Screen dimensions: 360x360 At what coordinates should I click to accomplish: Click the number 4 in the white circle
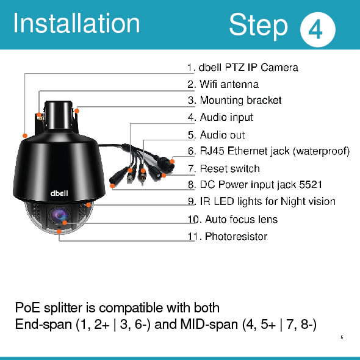[x=315, y=29]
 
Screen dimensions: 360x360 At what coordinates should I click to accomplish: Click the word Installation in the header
[x=76, y=23]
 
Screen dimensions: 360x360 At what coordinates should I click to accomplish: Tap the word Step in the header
[x=258, y=26]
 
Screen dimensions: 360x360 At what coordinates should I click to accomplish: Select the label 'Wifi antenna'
[x=229, y=84]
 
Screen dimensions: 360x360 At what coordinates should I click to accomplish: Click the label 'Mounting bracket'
[x=240, y=100]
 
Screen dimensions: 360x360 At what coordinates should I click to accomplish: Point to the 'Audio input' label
[x=226, y=117]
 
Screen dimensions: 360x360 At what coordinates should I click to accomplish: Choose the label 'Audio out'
[x=222, y=135]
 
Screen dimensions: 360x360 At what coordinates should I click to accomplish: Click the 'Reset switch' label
[x=230, y=169]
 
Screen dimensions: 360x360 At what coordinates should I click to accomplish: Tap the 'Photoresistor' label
[x=236, y=237]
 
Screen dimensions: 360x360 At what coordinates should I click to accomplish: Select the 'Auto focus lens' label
[x=241, y=220]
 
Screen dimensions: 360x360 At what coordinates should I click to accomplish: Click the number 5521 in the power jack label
[x=311, y=185]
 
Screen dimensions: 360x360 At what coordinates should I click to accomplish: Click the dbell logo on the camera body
[x=59, y=193]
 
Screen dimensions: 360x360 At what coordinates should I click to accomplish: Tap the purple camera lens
[x=59, y=216]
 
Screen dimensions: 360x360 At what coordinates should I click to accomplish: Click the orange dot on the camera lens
[x=65, y=223]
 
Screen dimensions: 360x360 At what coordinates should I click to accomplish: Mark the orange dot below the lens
[x=59, y=231]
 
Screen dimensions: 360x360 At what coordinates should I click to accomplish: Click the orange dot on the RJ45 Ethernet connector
[x=172, y=162]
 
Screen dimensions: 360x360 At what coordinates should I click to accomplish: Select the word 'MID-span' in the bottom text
[x=209, y=325]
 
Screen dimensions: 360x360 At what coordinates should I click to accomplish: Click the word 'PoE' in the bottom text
[x=27, y=308]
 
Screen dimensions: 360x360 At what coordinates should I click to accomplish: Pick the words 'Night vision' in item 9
[x=308, y=201]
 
